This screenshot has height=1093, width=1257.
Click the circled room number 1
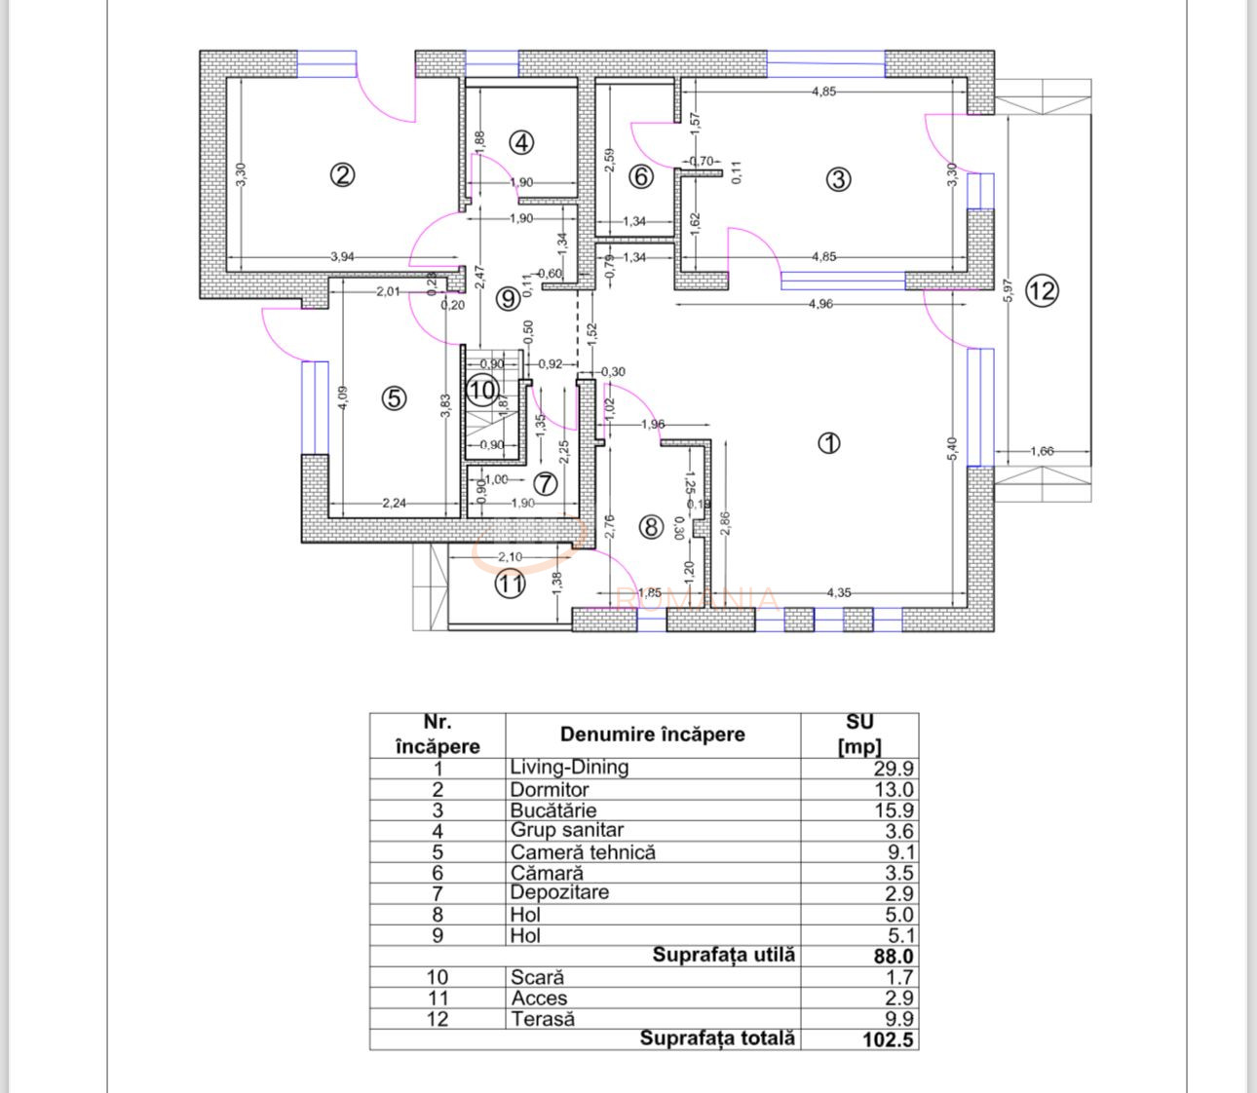(828, 443)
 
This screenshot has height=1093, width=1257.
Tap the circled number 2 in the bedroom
(342, 175)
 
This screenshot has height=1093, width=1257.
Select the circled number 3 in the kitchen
(838, 179)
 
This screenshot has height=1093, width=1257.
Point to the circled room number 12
(1042, 290)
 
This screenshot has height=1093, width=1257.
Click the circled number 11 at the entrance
(510, 584)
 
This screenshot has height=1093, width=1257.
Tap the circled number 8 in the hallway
(650, 527)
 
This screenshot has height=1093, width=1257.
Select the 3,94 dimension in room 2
(342, 257)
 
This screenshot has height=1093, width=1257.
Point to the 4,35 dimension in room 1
(839, 592)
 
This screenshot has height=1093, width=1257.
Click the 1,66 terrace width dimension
(1042, 451)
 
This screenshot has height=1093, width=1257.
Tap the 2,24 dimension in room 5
(395, 504)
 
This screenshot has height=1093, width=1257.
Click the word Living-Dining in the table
(569, 768)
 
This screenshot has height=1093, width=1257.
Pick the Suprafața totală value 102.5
(888, 1039)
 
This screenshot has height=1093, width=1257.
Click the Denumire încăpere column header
(652, 735)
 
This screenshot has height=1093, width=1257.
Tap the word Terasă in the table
(543, 1019)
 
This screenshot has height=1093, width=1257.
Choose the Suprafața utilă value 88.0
(894, 957)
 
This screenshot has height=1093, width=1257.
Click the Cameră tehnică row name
(583, 852)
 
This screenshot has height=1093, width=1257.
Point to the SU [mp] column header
(859, 735)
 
